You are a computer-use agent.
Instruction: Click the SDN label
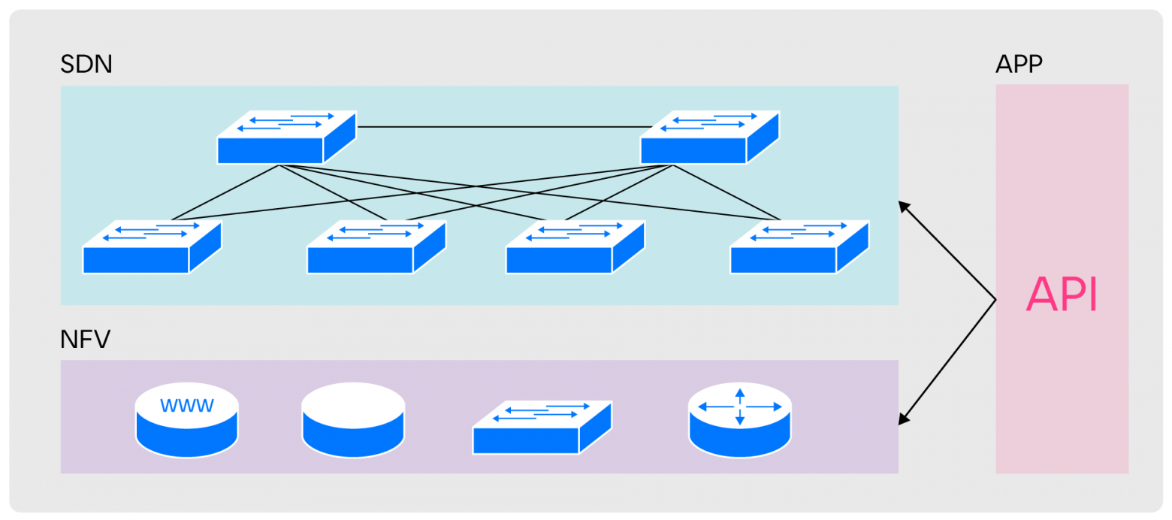[86, 65]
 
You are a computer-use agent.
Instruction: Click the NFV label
[85, 340]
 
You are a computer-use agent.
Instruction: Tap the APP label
[1018, 65]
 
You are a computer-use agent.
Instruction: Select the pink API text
[1061, 295]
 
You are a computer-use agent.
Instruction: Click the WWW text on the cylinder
[187, 406]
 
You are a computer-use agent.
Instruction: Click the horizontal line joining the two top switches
[503, 127]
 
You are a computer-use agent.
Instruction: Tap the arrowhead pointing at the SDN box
[905, 206]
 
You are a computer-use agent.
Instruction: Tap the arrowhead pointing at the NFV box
[905, 419]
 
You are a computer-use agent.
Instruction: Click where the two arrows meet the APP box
[995, 301]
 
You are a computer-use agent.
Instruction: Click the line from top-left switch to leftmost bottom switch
[225, 193]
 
